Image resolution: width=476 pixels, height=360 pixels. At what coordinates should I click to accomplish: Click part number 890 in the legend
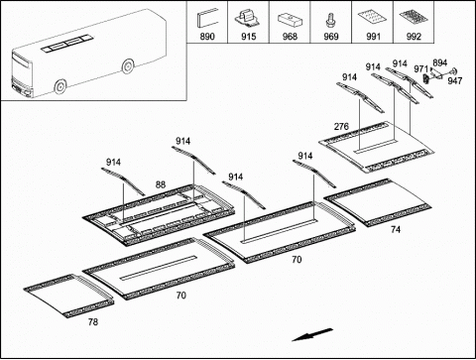(x=207, y=37)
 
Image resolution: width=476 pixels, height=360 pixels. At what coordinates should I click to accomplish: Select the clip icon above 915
(x=248, y=18)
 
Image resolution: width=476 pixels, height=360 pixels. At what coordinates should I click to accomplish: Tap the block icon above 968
(x=290, y=20)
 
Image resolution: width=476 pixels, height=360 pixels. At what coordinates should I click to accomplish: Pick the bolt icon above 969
(x=329, y=20)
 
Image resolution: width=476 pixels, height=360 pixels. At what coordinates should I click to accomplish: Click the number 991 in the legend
(x=373, y=37)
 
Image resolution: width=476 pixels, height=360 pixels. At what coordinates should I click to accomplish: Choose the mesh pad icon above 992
(x=414, y=18)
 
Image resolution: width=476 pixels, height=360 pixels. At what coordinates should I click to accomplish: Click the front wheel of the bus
(x=60, y=87)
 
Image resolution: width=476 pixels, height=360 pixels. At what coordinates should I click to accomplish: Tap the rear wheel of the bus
(x=128, y=66)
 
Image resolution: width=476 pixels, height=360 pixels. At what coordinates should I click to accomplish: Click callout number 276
(x=341, y=126)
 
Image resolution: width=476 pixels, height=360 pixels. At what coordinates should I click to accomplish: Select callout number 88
(x=161, y=184)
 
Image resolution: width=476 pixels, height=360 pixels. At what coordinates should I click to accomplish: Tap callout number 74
(x=396, y=229)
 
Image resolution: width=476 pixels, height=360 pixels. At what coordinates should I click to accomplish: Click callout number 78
(x=93, y=321)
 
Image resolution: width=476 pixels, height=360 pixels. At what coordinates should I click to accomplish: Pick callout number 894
(x=440, y=62)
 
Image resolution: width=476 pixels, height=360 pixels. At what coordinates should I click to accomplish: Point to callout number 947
(x=455, y=80)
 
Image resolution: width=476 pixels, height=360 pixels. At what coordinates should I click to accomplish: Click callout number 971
(x=420, y=68)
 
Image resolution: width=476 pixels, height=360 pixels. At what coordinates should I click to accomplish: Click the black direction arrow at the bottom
(x=312, y=334)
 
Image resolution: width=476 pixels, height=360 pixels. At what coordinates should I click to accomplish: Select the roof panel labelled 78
(x=68, y=296)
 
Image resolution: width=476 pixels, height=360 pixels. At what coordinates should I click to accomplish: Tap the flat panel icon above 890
(x=207, y=19)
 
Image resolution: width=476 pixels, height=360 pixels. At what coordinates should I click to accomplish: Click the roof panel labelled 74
(x=378, y=202)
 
